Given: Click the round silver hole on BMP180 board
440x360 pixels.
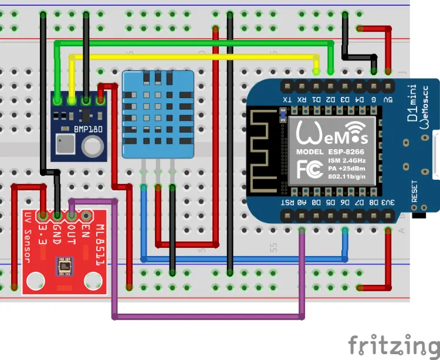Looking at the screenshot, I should click(92, 145).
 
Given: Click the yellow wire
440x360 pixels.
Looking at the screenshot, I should click(194, 56).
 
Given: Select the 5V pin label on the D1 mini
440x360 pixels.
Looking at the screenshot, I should click(388, 100).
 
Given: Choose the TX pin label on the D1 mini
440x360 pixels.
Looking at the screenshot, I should click(287, 100).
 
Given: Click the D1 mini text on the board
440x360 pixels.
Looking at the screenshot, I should click(413, 106).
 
